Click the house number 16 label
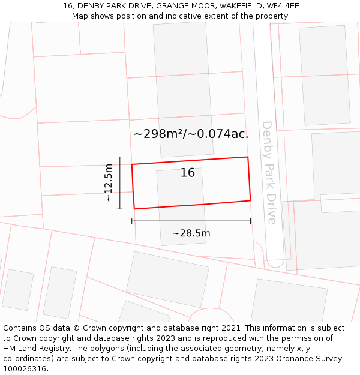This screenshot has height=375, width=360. click(x=188, y=173)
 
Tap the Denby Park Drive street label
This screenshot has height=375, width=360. click(x=269, y=173)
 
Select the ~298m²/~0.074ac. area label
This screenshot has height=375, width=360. click(x=191, y=134)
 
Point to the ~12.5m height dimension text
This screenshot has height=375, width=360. click(x=107, y=182)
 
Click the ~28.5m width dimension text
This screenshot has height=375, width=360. click(x=191, y=233)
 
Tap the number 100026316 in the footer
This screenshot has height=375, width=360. click(x=24, y=368)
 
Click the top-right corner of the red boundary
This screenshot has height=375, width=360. click(x=248, y=157)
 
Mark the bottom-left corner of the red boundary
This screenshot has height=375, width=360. click(x=134, y=209)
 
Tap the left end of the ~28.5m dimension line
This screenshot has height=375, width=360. click(x=132, y=221)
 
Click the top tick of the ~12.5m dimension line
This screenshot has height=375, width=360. click(x=120, y=157)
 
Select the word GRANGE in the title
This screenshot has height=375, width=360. click(x=172, y=6)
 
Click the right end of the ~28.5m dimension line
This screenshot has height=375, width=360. click(x=250, y=221)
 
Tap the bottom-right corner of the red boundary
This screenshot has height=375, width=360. click(x=250, y=200)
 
